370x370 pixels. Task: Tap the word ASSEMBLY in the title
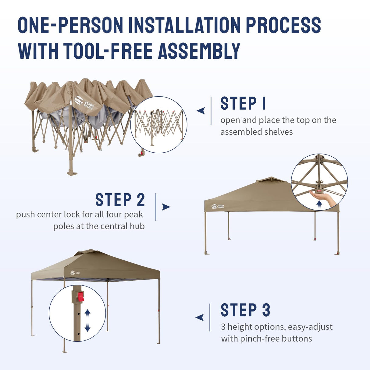(x=199, y=51)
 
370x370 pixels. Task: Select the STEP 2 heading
(x=120, y=200)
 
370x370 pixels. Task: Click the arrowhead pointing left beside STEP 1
(x=201, y=111)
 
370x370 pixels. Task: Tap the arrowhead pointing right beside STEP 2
(x=166, y=207)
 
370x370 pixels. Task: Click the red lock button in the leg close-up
(x=81, y=297)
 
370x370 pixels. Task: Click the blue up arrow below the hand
(x=319, y=204)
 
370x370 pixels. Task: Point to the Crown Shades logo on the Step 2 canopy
(x=217, y=207)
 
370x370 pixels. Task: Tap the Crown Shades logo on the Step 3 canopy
(x=75, y=272)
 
